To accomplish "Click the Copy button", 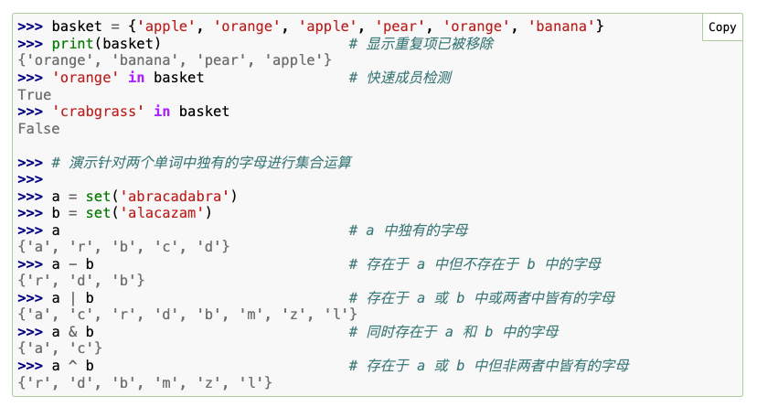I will coord(721,27).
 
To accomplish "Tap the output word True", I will coord(35,94).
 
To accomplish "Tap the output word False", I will coord(38,128).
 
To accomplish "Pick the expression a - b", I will coord(73,264).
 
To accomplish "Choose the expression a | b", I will coord(73,298).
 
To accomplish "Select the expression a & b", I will coord(73,332).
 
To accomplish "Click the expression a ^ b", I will coord(73,366).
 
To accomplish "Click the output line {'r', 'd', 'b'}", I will coord(81,281).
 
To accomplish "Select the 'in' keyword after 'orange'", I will coord(136,78).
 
